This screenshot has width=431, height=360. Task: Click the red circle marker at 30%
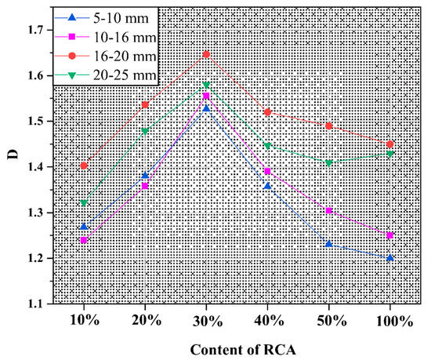[206, 55]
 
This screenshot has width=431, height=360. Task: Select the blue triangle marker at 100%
[390, 257]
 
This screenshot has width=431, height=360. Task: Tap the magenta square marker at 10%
[84, 240]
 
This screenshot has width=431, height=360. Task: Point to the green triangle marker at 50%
[329, 163]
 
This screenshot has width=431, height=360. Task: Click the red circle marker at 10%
[84, 165]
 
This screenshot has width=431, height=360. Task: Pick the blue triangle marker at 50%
[329, 244]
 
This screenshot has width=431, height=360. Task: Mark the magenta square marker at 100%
[390, 235]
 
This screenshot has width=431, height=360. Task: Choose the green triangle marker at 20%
[145, 132]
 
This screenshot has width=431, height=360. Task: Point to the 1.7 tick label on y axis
[34, 30]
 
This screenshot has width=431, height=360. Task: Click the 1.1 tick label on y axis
[34, 304]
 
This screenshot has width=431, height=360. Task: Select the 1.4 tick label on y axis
[34, 167]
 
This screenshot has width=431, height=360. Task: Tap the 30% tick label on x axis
[206, 322]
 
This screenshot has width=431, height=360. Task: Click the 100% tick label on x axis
[390, 322]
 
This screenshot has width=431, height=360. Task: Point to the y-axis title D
[12, 166]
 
